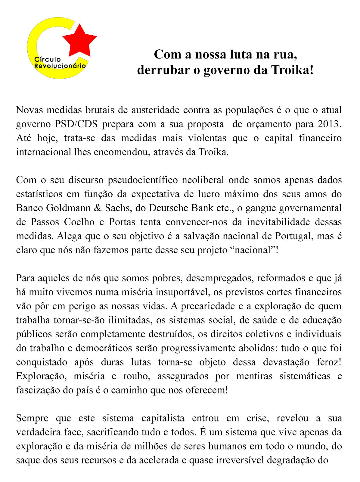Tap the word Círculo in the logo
coord(48,60)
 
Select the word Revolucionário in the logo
coord(60,66)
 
